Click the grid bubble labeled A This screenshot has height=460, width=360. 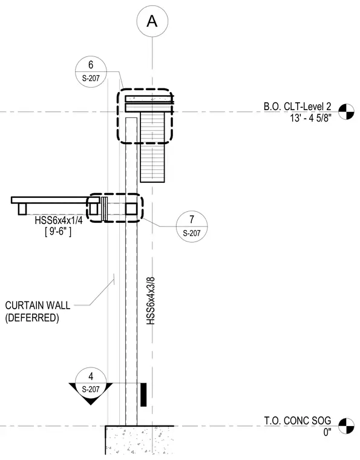152,21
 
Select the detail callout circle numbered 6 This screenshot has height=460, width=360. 91,71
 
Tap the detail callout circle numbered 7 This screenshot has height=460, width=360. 192,226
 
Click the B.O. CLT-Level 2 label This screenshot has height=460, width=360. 297,106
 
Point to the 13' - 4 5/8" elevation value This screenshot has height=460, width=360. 311,118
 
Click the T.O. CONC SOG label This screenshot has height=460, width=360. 298,421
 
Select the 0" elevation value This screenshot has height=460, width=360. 327,432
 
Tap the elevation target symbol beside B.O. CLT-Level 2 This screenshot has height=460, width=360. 346,112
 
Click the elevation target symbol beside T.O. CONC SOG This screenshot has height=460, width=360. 346,426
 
